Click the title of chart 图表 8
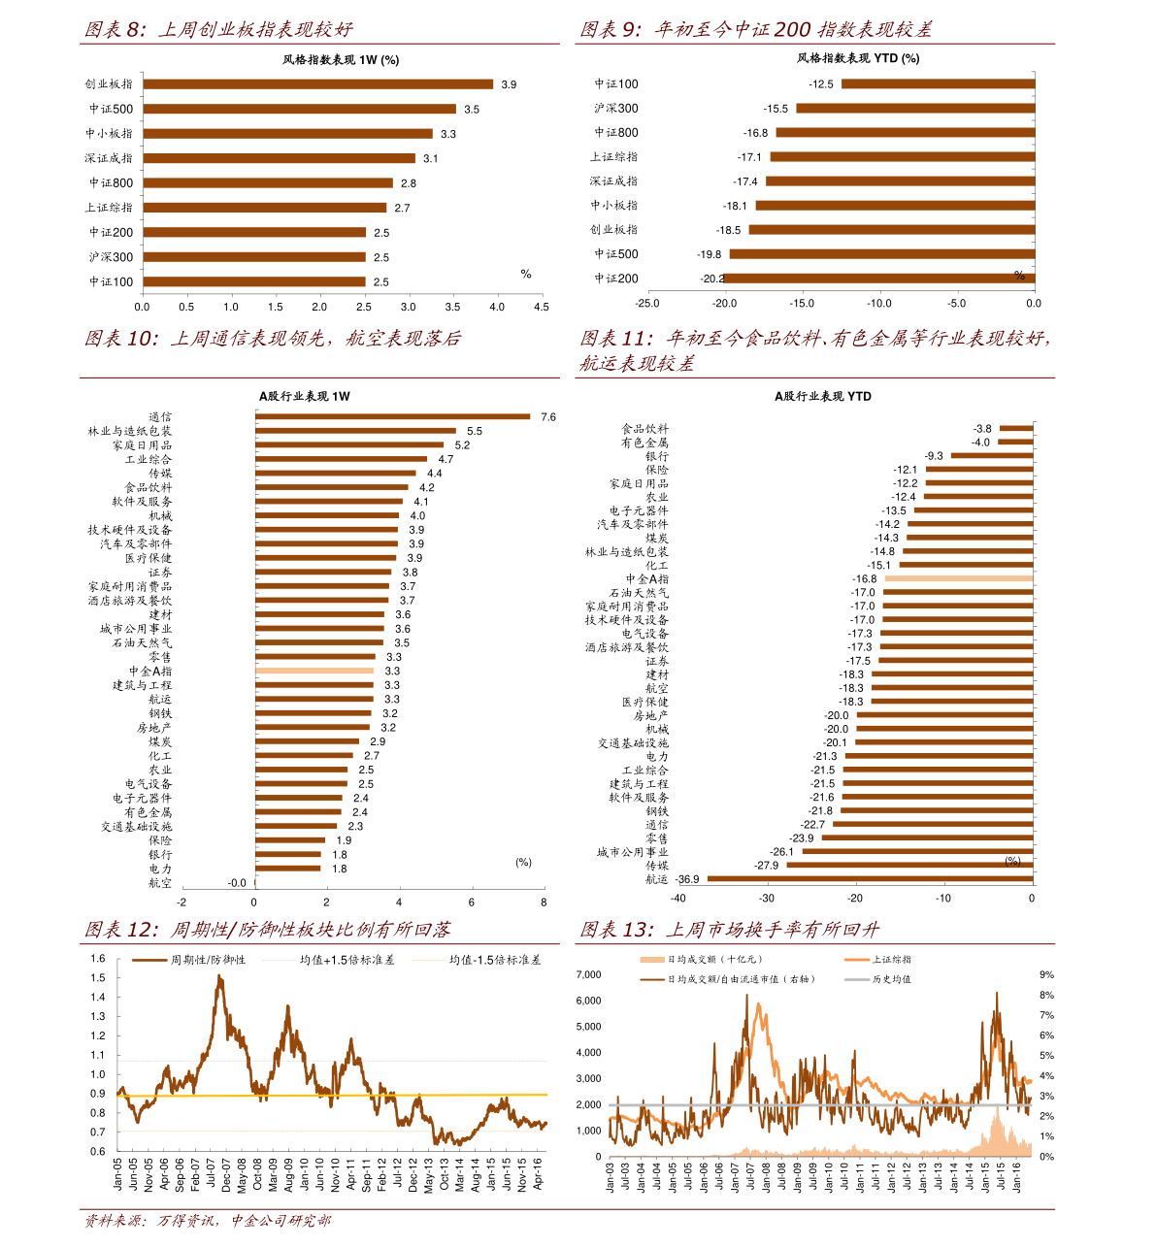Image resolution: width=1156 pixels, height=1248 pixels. [x=218, y=30]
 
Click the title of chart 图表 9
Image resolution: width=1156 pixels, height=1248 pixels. [x=755, y=30]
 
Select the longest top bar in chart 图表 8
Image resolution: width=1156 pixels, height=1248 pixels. [x=318, y=84]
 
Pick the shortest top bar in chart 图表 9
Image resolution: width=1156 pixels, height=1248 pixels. [x=938, y=84]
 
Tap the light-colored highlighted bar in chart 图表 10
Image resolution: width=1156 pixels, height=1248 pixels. [x=314, y=671]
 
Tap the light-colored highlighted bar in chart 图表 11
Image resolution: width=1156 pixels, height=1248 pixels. [x=958, y=578]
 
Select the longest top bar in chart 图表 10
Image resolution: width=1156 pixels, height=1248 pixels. [x=393, y=416]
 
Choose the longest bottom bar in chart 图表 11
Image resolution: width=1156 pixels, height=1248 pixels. [x=870, y=878]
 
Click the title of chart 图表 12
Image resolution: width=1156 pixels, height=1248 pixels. [x=267, y=930]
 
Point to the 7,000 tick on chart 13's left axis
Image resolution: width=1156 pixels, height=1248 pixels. [x=589, y=974]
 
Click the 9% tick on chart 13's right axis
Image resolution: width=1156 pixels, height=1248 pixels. [x=1046, y=974]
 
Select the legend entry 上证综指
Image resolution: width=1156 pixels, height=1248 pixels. [x=891, y=960]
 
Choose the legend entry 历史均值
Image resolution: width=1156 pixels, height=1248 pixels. [x=891, y=979]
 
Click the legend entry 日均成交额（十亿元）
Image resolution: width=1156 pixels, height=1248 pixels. [x=714, y=960]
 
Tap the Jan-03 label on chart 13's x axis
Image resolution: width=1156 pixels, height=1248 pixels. [x=611, y=1178]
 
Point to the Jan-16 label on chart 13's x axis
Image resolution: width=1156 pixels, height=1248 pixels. [x=1017, y=1178]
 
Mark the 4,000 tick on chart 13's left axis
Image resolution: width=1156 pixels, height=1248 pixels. [x=589, y=1053]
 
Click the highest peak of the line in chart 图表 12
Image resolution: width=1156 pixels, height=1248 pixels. [x=219, y=975]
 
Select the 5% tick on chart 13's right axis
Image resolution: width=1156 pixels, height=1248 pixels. [x=1046, y=1056]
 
